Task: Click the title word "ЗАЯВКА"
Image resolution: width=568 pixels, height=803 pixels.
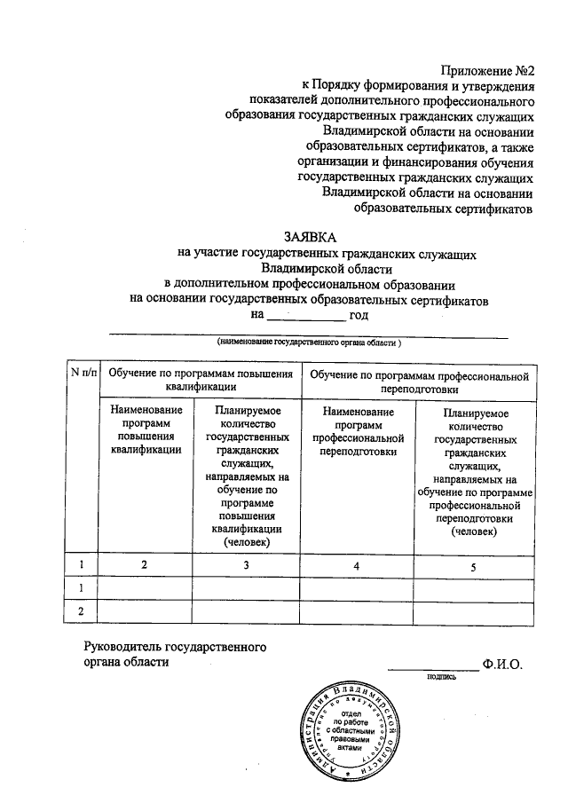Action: pos(311,237)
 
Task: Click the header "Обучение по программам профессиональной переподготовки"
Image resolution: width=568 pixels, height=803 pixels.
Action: pos(418,382)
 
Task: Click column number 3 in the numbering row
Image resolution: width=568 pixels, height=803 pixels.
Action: pos(247,564)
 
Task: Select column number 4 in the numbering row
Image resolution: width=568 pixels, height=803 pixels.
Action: pos(357,564)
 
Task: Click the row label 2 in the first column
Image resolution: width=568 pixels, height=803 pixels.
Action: pos(83,611)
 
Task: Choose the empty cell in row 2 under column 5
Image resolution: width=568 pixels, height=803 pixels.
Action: pos(474,611)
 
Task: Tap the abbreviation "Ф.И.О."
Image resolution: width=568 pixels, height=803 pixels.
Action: pos(502,664)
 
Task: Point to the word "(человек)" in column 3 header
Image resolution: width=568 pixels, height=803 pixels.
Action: pos(247,541)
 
